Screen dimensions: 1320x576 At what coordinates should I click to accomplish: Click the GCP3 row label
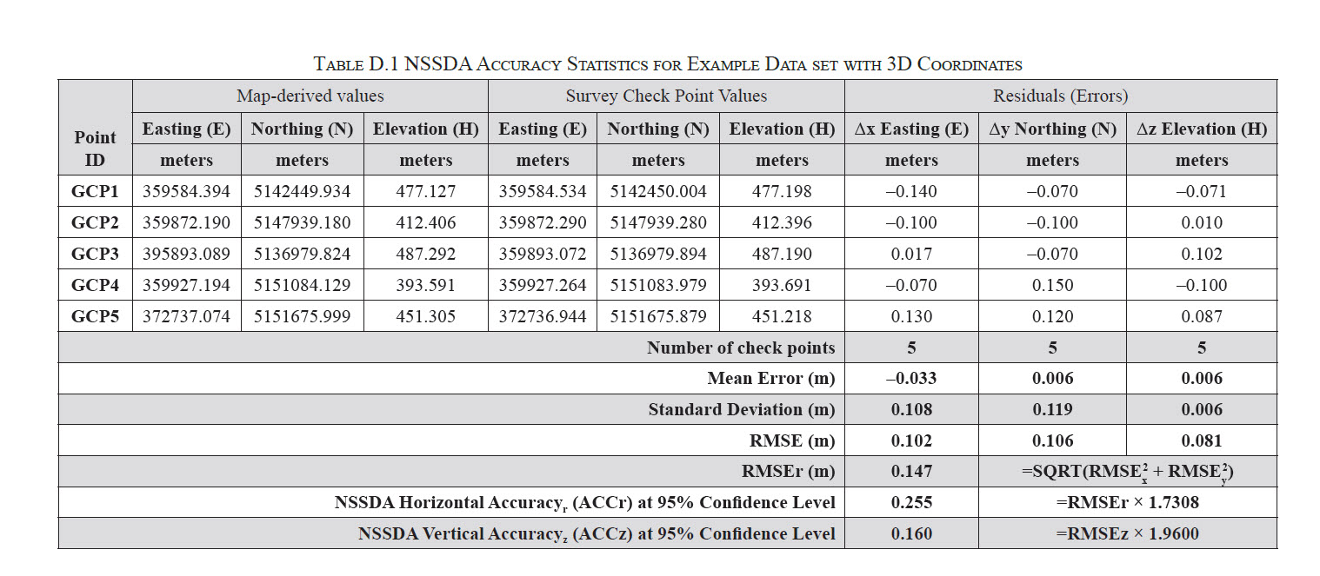95,254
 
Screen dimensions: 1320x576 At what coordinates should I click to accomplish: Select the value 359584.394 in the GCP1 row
186,191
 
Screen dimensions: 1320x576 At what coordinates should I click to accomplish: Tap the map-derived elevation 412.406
425,222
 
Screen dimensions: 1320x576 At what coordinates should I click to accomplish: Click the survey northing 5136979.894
658,254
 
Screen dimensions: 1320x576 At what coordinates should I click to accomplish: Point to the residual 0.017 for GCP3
911,254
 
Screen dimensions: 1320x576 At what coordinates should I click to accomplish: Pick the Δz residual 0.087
1202,316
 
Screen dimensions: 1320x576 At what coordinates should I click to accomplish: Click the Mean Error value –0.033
911,378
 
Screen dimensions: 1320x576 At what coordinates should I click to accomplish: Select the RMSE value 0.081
1202,440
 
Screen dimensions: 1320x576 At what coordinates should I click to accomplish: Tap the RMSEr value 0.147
911,471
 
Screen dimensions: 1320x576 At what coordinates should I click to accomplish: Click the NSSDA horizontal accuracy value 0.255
911,502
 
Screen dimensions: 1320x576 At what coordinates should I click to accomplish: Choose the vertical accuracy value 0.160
911,533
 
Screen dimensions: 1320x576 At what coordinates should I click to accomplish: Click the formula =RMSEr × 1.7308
1127,502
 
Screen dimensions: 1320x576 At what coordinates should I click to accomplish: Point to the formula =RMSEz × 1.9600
1127,533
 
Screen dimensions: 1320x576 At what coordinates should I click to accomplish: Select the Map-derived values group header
310,96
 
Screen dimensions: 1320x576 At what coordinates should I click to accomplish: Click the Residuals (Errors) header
1061,96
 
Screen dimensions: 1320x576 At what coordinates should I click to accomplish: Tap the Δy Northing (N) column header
1052,129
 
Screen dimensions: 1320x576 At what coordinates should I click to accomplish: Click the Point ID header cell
95,149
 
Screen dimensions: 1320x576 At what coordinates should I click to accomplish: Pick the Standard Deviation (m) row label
742,409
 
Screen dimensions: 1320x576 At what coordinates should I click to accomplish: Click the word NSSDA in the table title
438,63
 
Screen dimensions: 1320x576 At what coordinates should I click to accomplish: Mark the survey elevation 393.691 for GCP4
782,285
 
